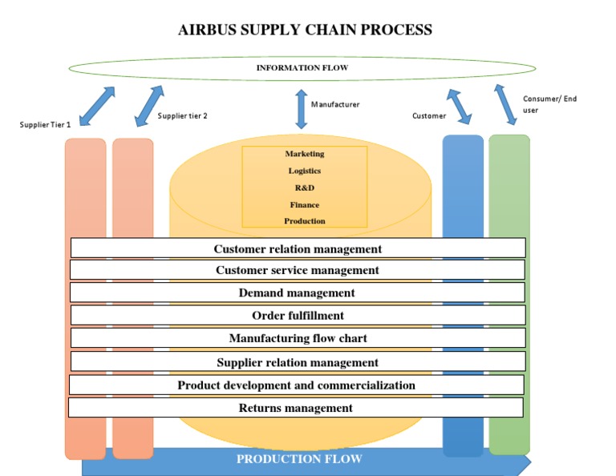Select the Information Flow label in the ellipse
click(x=302, y=68)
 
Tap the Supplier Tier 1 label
click(x=46, y=124)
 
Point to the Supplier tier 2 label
click(x=182, y=115)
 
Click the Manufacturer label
click(x=335, y=104)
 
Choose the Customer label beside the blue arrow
click(x=429, y=115)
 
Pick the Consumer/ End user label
click(x=549, y=104)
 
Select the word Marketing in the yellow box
click(x=305, y=153)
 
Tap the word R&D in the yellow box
click(x=305, y=188)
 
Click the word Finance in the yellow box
click(x=305, y=204)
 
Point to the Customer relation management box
click(x=298, y=248)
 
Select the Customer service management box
click(x=298, y=270)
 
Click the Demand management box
click(x=298, y=292)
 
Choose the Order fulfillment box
click(x=298, y=315)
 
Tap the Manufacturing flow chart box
click(x=298, y=338)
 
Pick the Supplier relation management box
click(x=298, y=362)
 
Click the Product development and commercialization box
click(x=297, y=385)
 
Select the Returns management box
click(x=296, y=408)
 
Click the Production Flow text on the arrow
click(x=299, y=459)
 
